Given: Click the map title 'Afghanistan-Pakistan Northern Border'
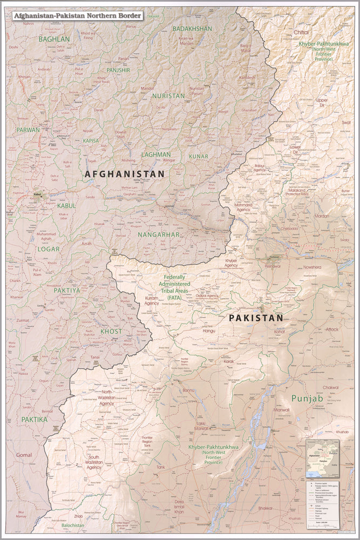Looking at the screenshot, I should pyautogui.click(x=77, y=16).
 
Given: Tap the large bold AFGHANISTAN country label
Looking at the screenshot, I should pyautogui.click(x=124, y=174).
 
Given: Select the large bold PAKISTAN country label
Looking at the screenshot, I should pyautogui.click(x=256, y=318).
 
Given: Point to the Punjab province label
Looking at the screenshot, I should pyautogui.click(x=307, y=399).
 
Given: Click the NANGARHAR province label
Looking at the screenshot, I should pyautogui.click(x=158, y=235).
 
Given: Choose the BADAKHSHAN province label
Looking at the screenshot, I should pyautogui.click(x=193, y=28).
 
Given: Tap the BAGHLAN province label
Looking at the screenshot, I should pyautogui.click(x=55, y=39).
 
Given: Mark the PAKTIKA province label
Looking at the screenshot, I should pyautogui.click(x=35, y=419).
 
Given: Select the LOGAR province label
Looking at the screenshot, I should pyautogui.click(x=48, y=249).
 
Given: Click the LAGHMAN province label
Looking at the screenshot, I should pyautogui.click(x=156, y=154).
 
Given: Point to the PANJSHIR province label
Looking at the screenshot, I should pyautogui.click(x=118, y=70).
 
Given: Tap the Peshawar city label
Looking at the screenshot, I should pyautogui.click(x=273, y=266).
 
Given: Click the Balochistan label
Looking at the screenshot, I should pyautogui.click(x=72, y=525).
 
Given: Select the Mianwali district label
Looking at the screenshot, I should pyautogui.click(x=281, y=409).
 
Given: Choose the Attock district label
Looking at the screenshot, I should pyautogui.click(x=332, y=329).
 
